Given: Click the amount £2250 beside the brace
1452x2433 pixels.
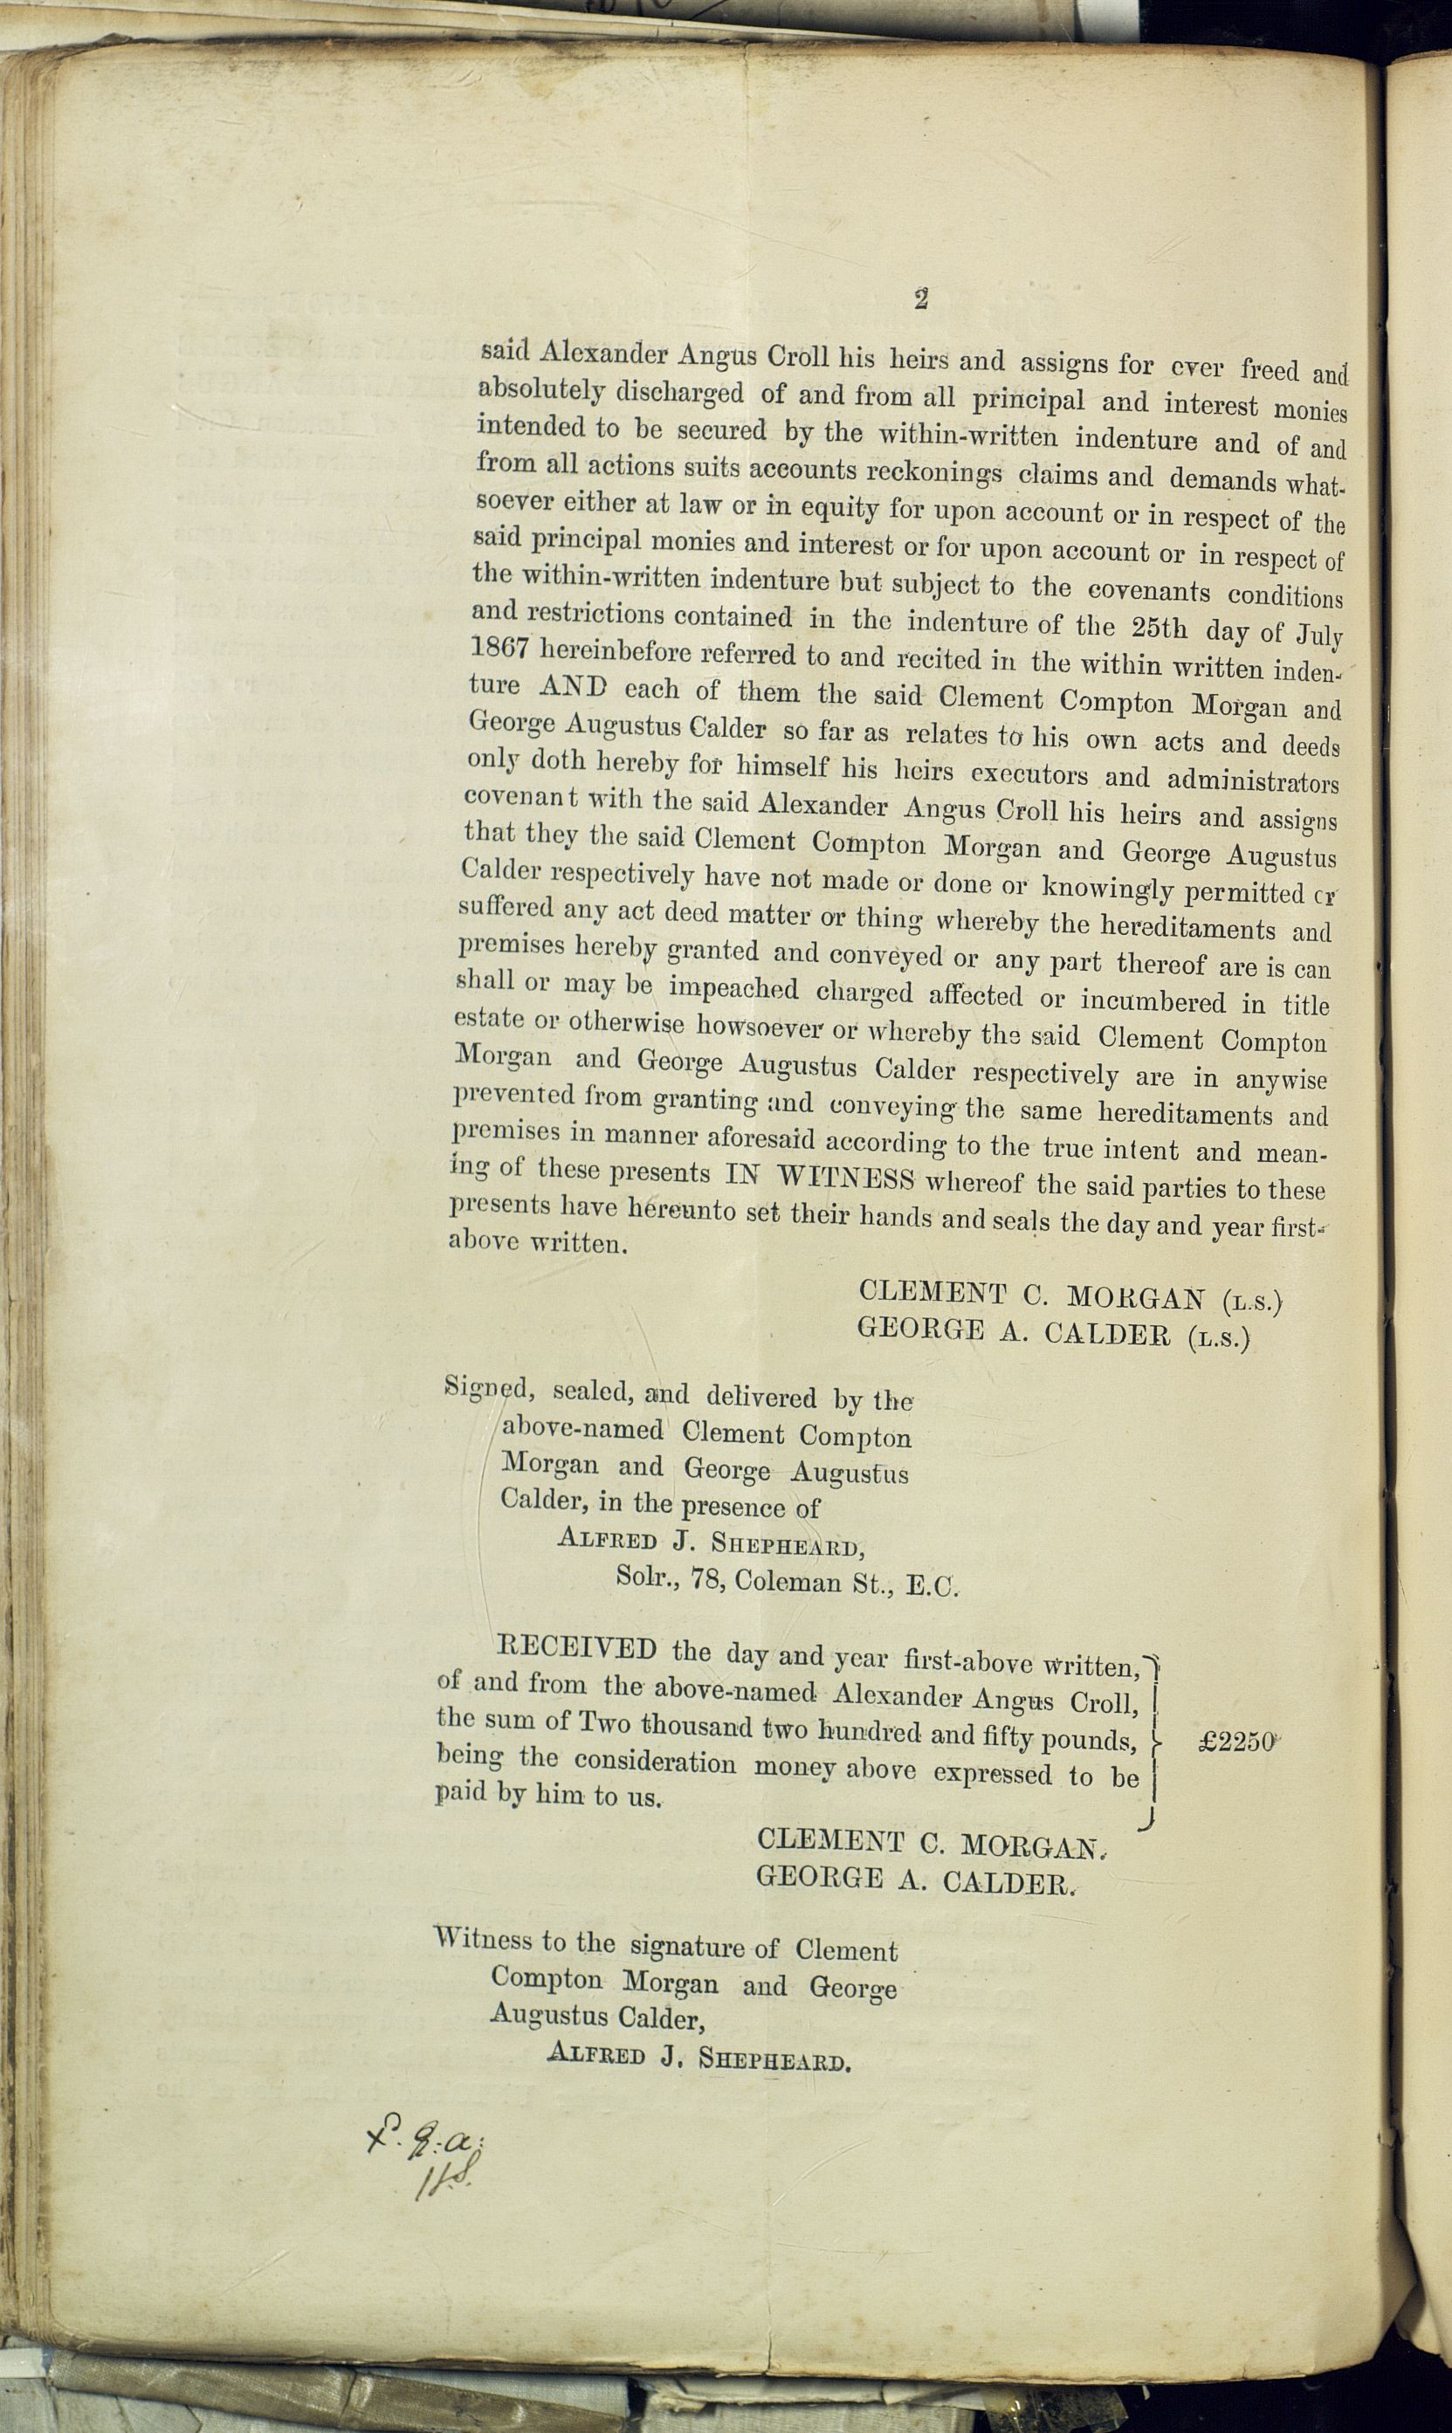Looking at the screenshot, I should point(1236,1742).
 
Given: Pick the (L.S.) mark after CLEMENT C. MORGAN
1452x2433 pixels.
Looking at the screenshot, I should point(1251,1301).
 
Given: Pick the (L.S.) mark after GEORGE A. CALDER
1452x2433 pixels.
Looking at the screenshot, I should point(1219,1337).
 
